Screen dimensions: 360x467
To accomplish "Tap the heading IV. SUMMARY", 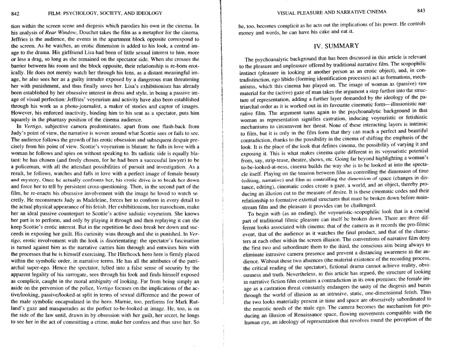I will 335,45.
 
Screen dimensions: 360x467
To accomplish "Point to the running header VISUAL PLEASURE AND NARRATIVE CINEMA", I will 332,12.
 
